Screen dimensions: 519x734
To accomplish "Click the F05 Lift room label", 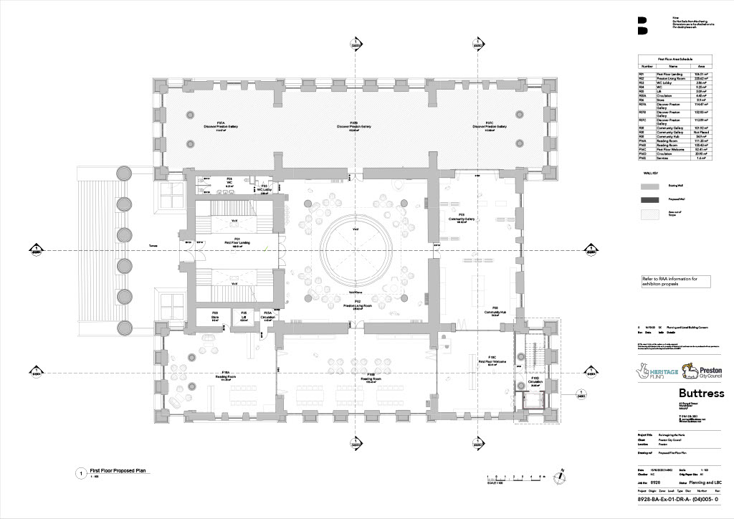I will pos(244,315).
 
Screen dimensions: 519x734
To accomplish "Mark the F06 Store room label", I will pos(214,315).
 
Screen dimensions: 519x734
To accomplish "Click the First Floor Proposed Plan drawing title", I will pos(120,470).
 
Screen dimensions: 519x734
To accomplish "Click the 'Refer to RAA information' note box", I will pos(675,281).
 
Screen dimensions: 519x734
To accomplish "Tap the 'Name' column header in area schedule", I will pos(673,65).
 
